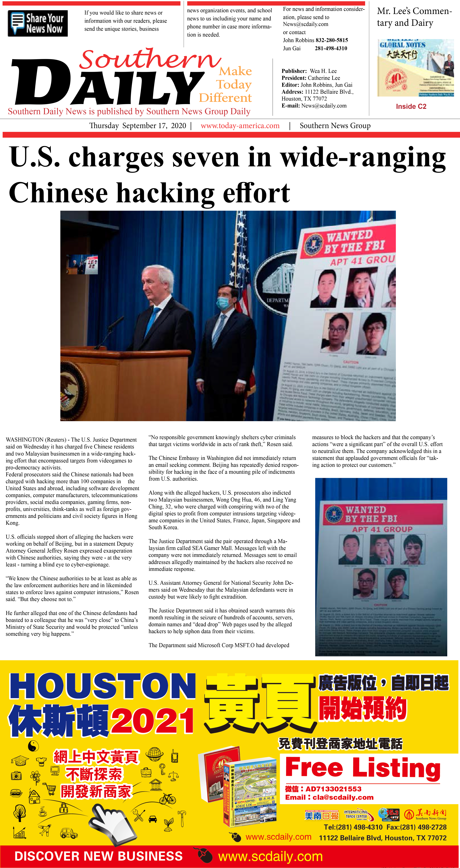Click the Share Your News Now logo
click(38, 23)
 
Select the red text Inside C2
click(411, 107)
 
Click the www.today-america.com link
click(240, 126)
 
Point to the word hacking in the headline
click(165, 193)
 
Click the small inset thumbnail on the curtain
click(82, 264)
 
